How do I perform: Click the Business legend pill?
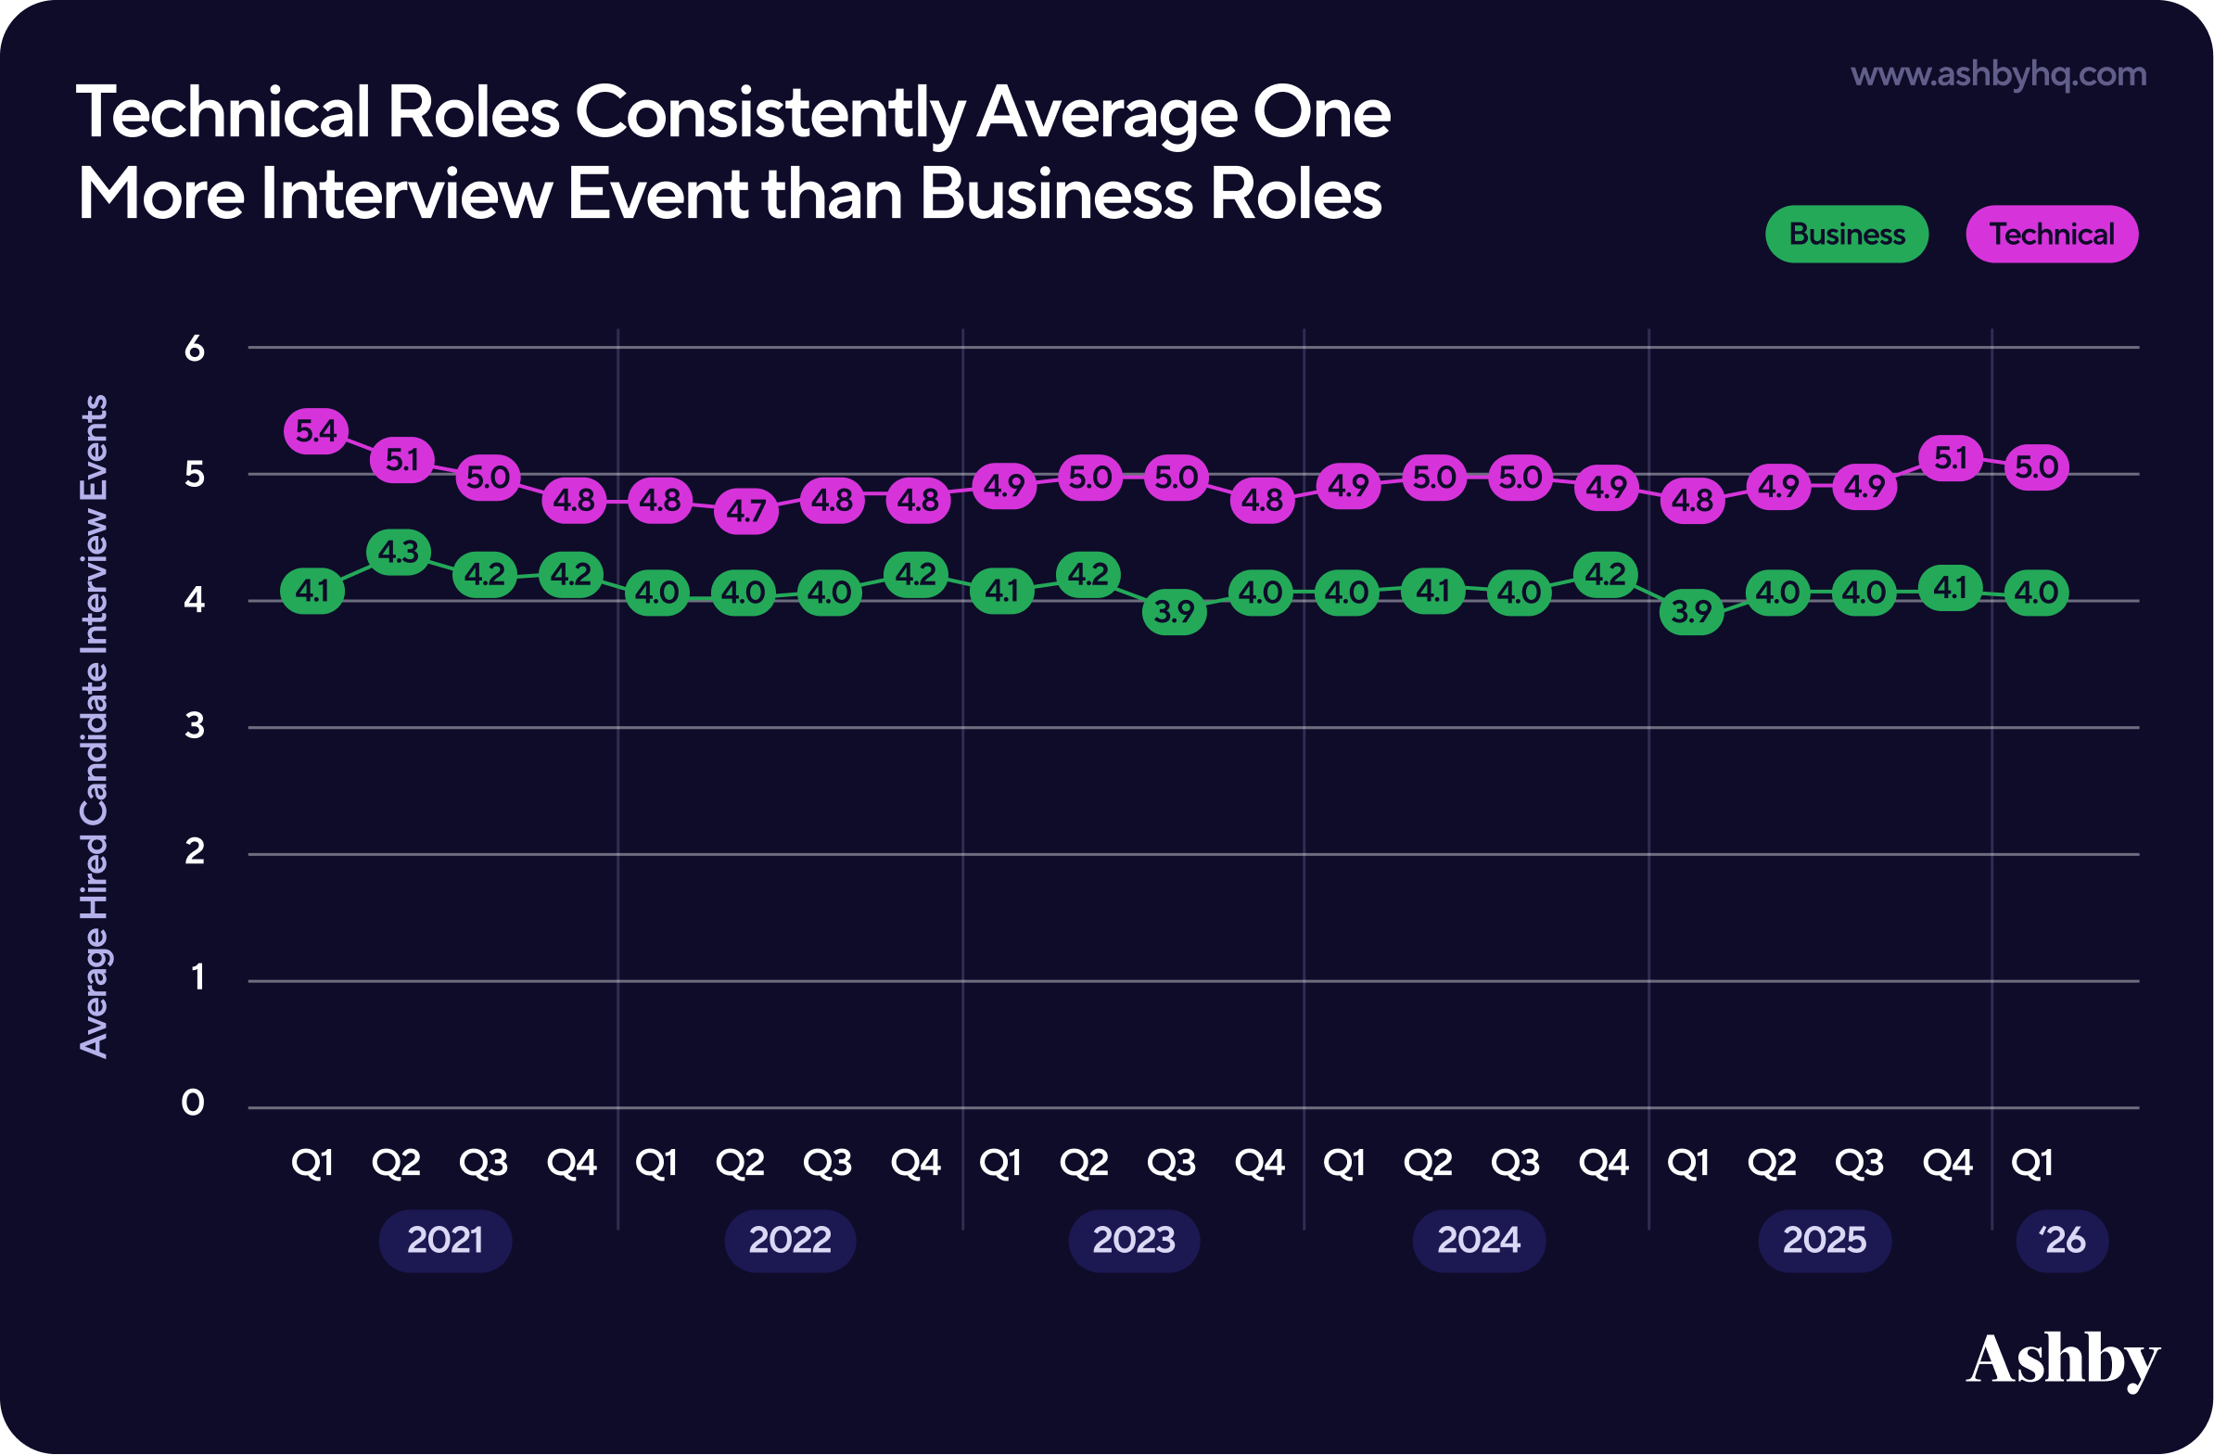pos(1846,235)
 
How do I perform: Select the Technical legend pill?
pos(2051,235)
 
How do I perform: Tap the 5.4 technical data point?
pos(316,431)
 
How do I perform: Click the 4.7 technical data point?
pos(746,511)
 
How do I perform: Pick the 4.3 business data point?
pos(399,553)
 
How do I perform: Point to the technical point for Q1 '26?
pos(2036,467)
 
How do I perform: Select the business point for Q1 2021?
pos(312,591)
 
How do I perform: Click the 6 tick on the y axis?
pos(194,349)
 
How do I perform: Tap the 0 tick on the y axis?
pos(193,1104)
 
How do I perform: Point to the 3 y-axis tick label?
pos(194,725)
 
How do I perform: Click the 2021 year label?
pos(445,1240)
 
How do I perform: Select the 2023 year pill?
pos(1134,1240)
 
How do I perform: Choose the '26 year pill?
pos(2061,1240)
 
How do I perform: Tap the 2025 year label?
pos(1825,1240)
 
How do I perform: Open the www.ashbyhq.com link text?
pos(1998,74)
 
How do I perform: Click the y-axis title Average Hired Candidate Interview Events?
pos(94,725)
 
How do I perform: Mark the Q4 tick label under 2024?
pos(1604,1163)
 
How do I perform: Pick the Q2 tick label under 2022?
pos(741,1163)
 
